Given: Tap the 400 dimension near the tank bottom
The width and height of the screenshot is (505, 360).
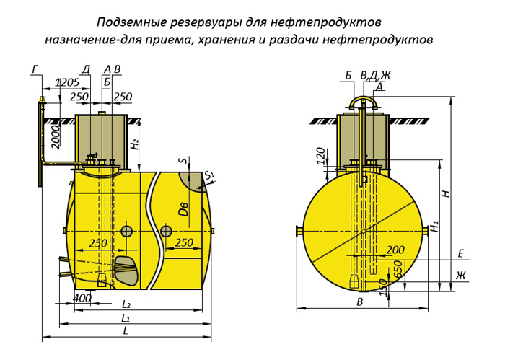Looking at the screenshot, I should tap(83, 297).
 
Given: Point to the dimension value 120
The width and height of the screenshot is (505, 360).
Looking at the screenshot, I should tap(321, 154).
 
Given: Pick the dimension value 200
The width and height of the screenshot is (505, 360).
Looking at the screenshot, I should tap(395, 250).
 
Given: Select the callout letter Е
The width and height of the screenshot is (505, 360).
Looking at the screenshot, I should tap(460, 253).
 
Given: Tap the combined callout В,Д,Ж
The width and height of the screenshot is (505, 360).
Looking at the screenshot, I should tap(375, 75).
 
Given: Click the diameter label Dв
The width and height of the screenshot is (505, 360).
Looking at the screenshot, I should tap(184, 208).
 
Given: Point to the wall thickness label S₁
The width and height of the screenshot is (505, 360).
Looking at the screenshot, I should tap(209, 175).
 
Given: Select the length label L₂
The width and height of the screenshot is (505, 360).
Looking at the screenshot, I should tap(126, 304).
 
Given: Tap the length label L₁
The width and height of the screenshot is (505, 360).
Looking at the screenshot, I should tap(126, 317).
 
